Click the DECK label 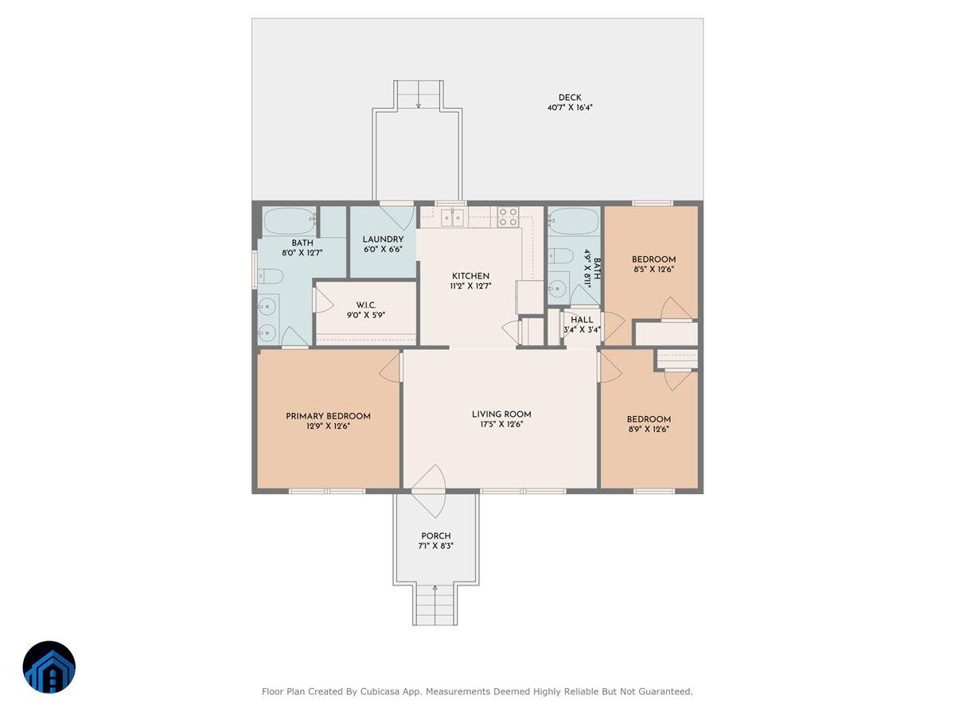pyautogui.click(x=570, y=98)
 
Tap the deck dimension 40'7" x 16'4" pyautogui.click(x=570, y=107)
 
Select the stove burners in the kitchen pyautogui.click(x=508, y=217)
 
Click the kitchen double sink pyautogui.click(x=454, y=217)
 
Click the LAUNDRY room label pyautogui.click(x=383, y=239)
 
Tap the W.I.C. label pyautogui.click(x=366, y=305)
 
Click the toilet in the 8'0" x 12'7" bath pyautogui.click(x=271, y=277)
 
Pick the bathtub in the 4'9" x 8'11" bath pyautogui.click(x=573, y=220)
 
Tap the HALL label pyautogui.click(x=582, y=320)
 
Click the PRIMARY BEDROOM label pyautogui.click(x=328, y=416)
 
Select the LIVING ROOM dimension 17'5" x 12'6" pyautogui.click(x=501, y=424)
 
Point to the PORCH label pyautogui.click(x=435, y=536)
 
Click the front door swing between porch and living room pyautogui.click(x=428, y=490)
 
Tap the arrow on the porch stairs pyautogui.click(x=435, y=590)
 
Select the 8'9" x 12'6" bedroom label pyautogui.click(x=649, y=419)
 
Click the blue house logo pyautogui.click(x=49, y=667)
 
